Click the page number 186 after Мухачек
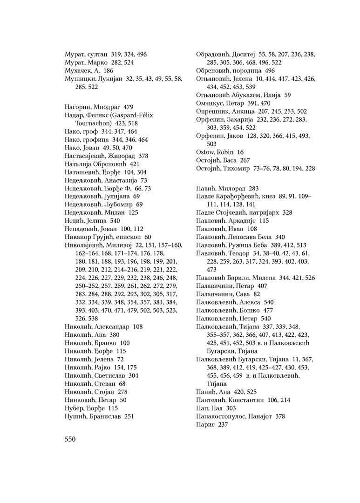click(109, 71)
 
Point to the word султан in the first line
click(96, 54)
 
